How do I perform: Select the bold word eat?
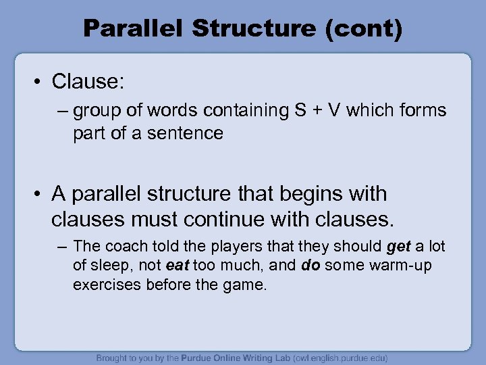[x=178, y=266]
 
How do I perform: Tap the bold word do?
[x=310, y=266]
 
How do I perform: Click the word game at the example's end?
[x=248, y=285]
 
